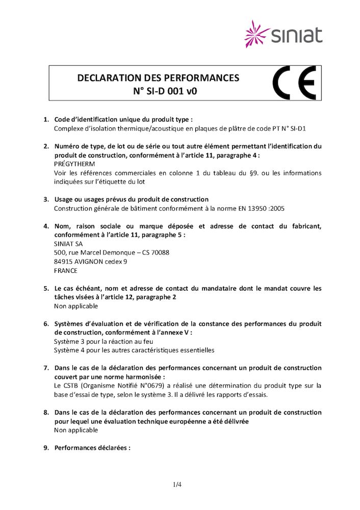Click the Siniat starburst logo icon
(257, 34)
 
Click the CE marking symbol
(294, 83)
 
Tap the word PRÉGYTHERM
(74, 164)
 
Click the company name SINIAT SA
(68, 244)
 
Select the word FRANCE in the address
(66, 271)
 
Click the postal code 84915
(63, 262)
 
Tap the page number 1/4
(177, 484)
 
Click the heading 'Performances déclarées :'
(92, 448)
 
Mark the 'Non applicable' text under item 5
(76, 306)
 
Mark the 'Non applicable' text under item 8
(76, 430)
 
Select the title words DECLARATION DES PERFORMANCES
(158, 78)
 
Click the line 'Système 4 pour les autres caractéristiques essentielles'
(134, 350)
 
